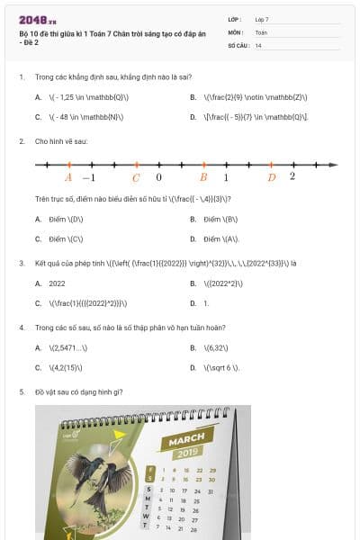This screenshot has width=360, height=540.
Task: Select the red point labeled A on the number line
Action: pos(68,165)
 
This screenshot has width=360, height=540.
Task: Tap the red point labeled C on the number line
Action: pos(136,165)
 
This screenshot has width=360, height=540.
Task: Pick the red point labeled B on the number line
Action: pos(203,165)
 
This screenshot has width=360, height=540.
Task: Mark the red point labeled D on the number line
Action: pos(272,165)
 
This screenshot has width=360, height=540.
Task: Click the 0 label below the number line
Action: pos(159,177)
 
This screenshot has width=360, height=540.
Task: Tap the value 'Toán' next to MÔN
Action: pos(261,31)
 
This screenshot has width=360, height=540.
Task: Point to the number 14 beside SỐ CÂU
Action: pos(258,44)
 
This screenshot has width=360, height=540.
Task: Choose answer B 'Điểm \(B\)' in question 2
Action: pos(220,219)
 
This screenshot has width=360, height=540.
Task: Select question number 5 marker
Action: pos(22,391)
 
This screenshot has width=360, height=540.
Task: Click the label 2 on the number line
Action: pos(292,176)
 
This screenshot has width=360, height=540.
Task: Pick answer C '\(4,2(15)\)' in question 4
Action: pos(68,367)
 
